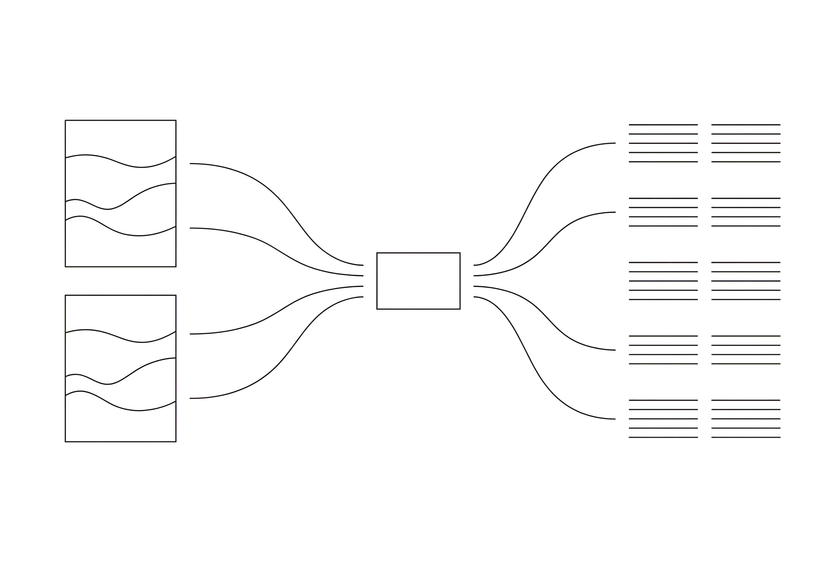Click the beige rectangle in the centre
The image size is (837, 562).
pyautogui.click(x=418, y=281)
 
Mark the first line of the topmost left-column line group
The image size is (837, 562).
pyautogui.click(x=663, y=125)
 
